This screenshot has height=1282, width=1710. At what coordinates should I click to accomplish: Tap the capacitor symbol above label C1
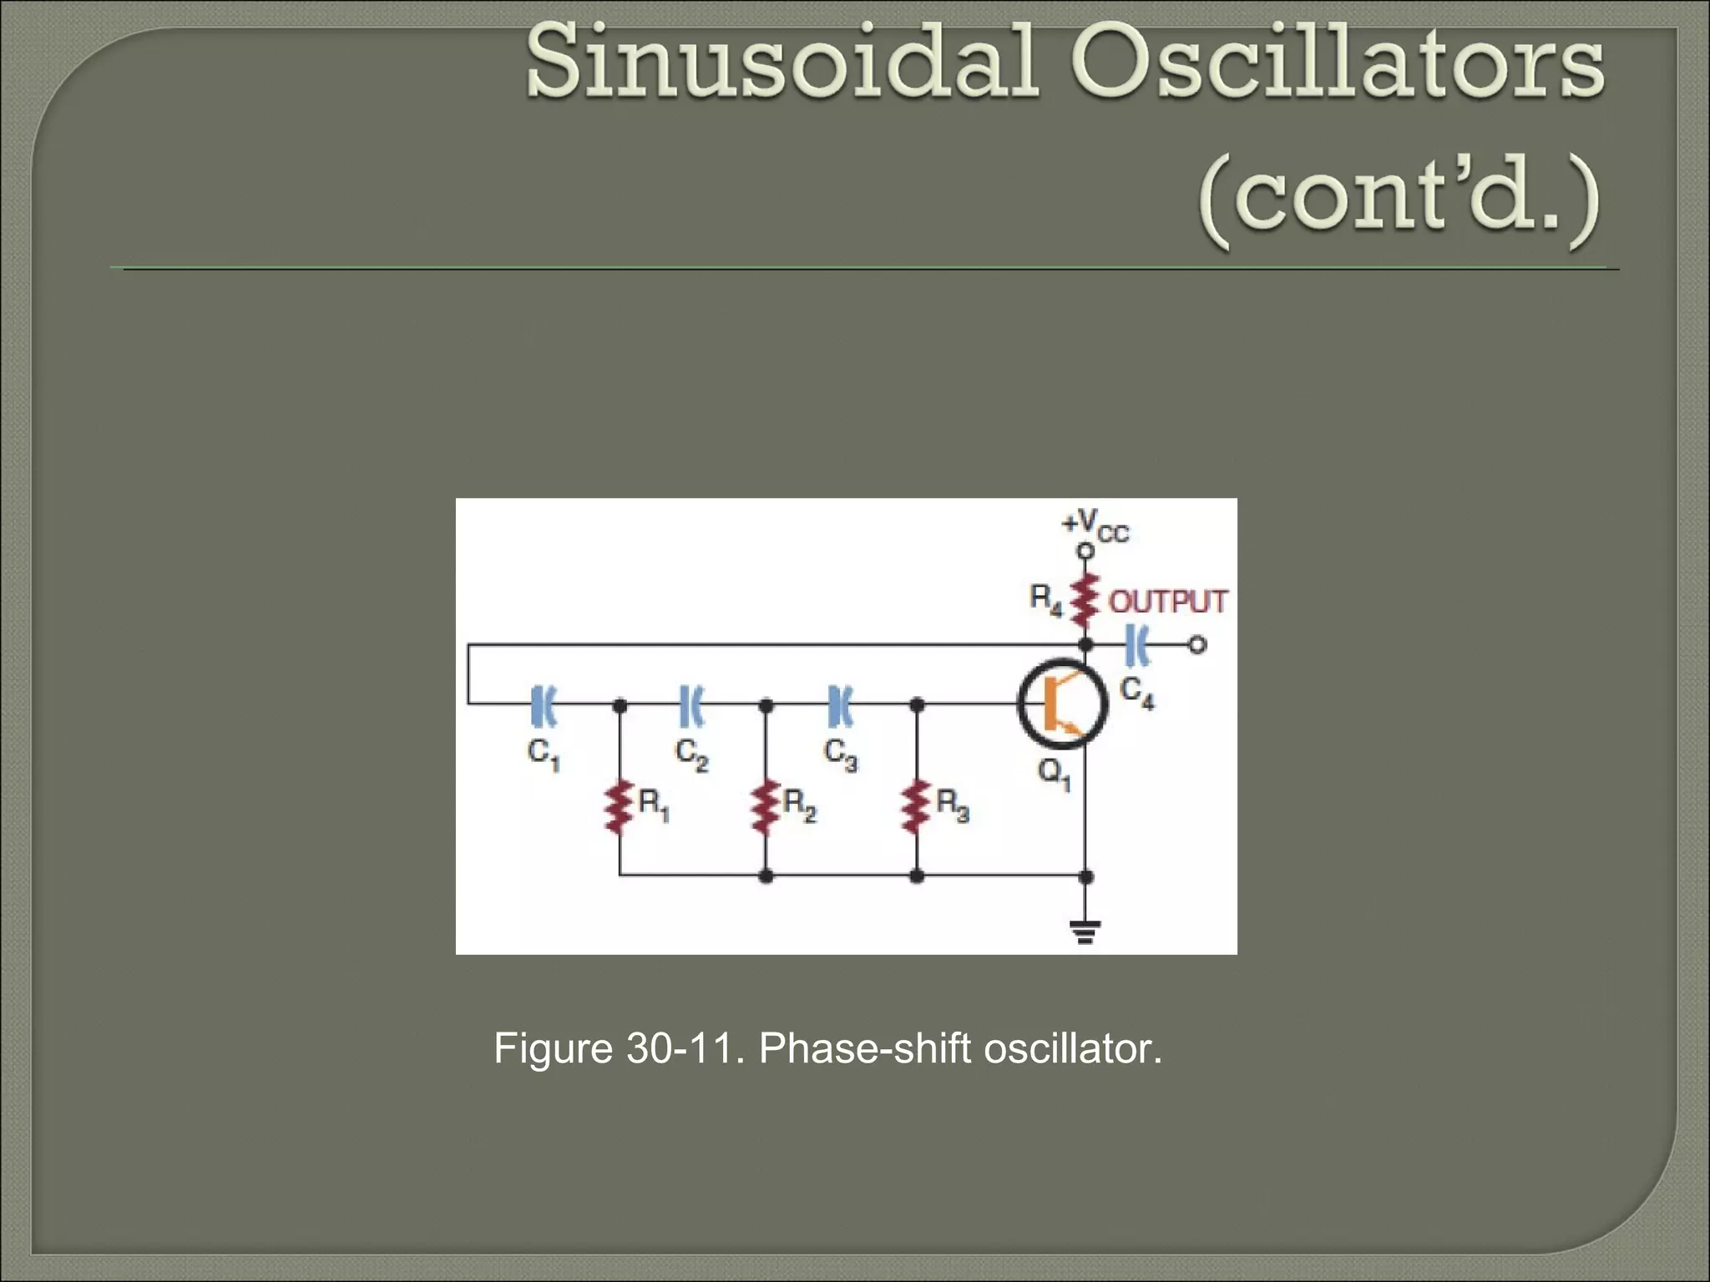(x=544, y=704)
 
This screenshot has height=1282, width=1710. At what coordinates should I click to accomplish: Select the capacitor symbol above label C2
(x=692, y=704)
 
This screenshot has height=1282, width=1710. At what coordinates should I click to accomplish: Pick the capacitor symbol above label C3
(x=840, y=704)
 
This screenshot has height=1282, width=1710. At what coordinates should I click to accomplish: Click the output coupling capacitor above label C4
(x=1138, y=644)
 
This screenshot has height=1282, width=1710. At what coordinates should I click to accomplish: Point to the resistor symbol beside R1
(x=619, y=807)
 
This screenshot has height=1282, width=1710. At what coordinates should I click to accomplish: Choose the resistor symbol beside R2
(x=766, y=807)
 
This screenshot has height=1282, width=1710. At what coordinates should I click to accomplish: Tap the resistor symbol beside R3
(x=916, y=807)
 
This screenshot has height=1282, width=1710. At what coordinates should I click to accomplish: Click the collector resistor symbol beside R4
(x=1085, y=599)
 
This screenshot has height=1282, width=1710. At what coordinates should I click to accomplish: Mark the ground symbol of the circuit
(x=1085, y=931)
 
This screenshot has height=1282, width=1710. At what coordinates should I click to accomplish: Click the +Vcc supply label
(x=1095, y=525)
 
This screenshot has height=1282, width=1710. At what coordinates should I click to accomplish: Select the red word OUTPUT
(x=1167, y=601)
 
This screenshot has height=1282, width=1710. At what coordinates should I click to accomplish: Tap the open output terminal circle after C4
(x=1197, y=644)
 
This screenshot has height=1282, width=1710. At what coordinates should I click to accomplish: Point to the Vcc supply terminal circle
(x=1085, y=551)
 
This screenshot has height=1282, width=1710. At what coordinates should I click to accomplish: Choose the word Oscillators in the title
(x=1338, y=63)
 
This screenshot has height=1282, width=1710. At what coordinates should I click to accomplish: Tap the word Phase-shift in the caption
(x=865, y=1048)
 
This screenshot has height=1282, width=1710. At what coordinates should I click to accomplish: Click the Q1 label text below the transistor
(x=1055, y=774)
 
